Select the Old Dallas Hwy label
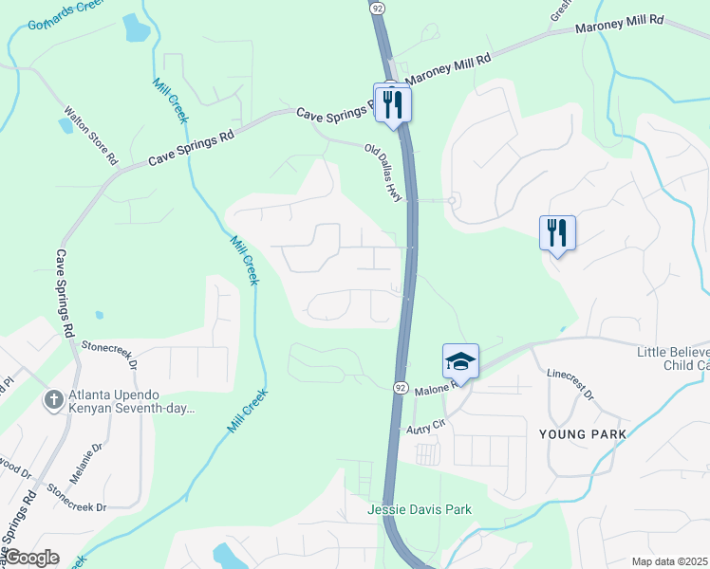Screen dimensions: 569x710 (x=385, y=168)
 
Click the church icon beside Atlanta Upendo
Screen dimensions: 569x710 (x=54, y=400)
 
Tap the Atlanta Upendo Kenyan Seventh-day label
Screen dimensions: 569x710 (x=130, y=401)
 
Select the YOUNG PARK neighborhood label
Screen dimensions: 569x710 (x=582, y=434)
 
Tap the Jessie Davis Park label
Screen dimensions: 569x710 (x=420, y=509)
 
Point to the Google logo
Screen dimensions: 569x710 (x=32, y=558)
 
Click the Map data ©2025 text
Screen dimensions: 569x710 (x=670, y=561)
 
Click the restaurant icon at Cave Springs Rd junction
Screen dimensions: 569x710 (x=393, y=102)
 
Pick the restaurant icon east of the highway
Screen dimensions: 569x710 (x=557, y=232)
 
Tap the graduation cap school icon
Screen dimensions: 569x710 (x=460, y=361)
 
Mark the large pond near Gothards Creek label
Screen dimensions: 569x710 (x=137, y=30)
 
